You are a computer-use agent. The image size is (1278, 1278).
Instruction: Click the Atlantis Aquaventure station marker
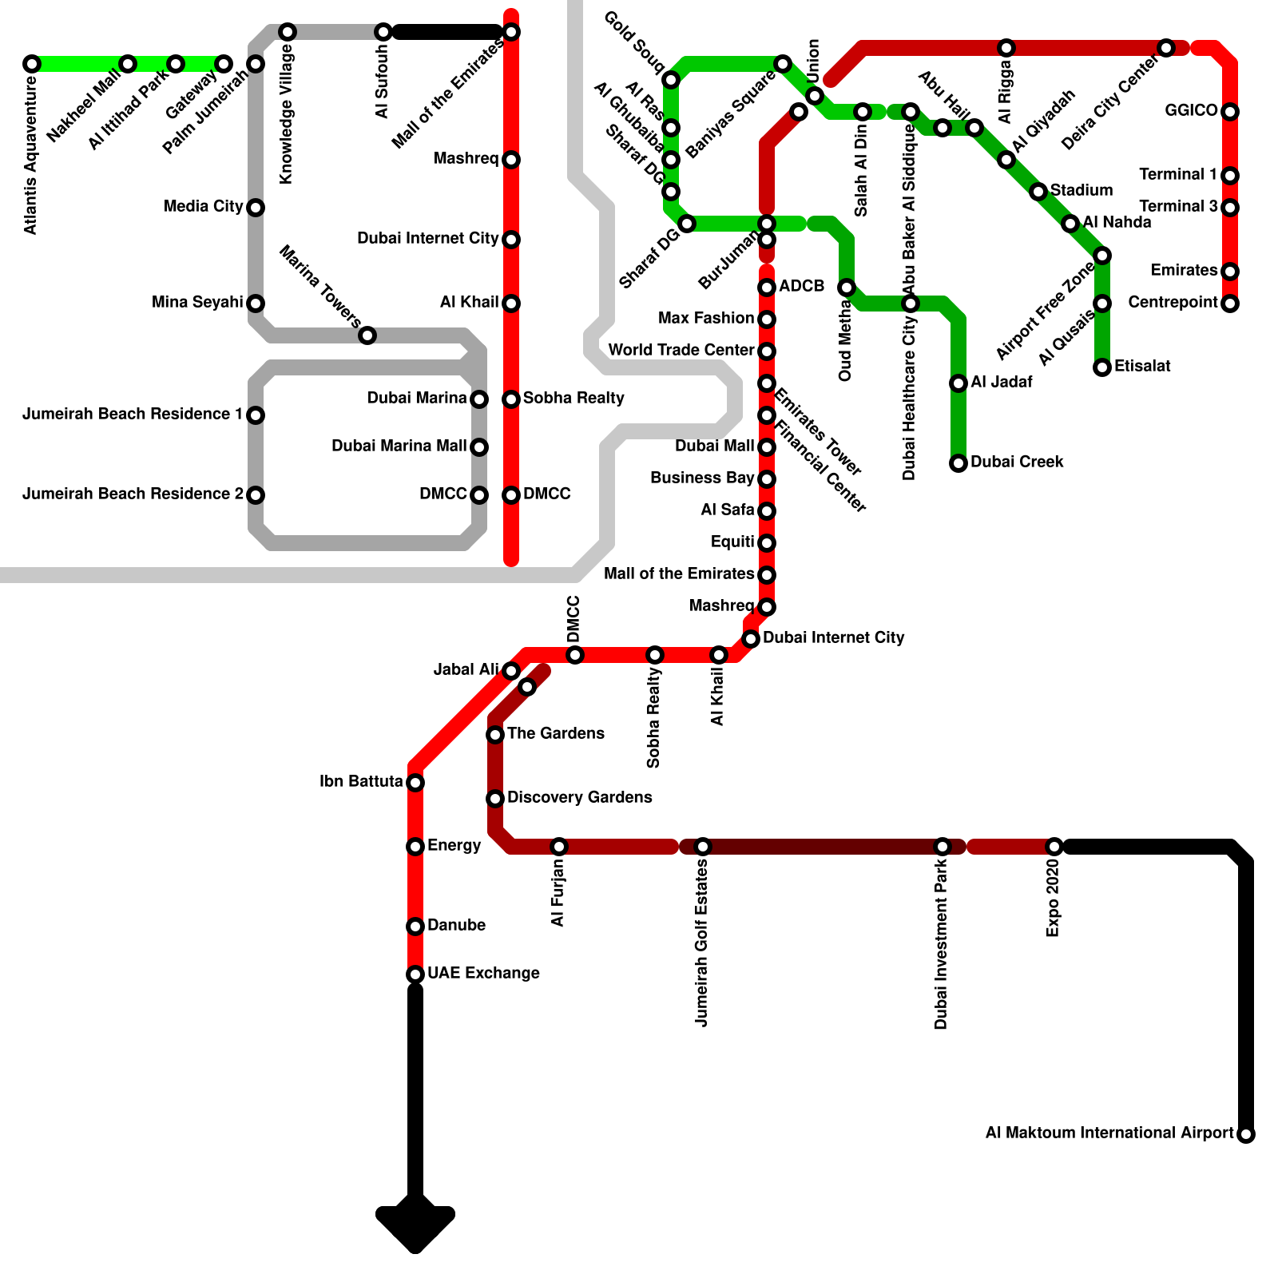32,64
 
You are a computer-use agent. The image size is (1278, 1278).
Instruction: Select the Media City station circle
256,208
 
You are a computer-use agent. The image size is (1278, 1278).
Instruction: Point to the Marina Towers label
319,287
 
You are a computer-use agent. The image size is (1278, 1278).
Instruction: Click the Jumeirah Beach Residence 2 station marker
256,495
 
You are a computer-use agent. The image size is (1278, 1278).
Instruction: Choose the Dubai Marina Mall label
399,447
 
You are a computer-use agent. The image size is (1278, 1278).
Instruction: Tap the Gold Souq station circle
671,80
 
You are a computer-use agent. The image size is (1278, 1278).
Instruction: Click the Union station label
814,61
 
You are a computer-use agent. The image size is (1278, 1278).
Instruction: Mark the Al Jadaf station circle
958,383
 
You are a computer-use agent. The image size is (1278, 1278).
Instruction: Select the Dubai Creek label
1017,462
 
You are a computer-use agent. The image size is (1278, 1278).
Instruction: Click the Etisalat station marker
1102,367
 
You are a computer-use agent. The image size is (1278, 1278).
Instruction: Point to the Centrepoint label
1173,303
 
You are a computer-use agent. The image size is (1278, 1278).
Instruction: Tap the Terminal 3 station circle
1230,208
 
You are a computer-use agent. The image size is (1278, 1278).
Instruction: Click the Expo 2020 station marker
1054,847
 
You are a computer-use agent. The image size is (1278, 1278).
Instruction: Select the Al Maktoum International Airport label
1109,1133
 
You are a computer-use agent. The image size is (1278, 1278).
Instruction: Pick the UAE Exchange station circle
415,974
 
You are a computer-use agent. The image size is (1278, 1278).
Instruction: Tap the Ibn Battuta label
361,782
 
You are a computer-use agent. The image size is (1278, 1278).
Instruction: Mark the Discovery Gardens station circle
495,799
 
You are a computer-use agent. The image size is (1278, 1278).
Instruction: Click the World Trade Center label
681,351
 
